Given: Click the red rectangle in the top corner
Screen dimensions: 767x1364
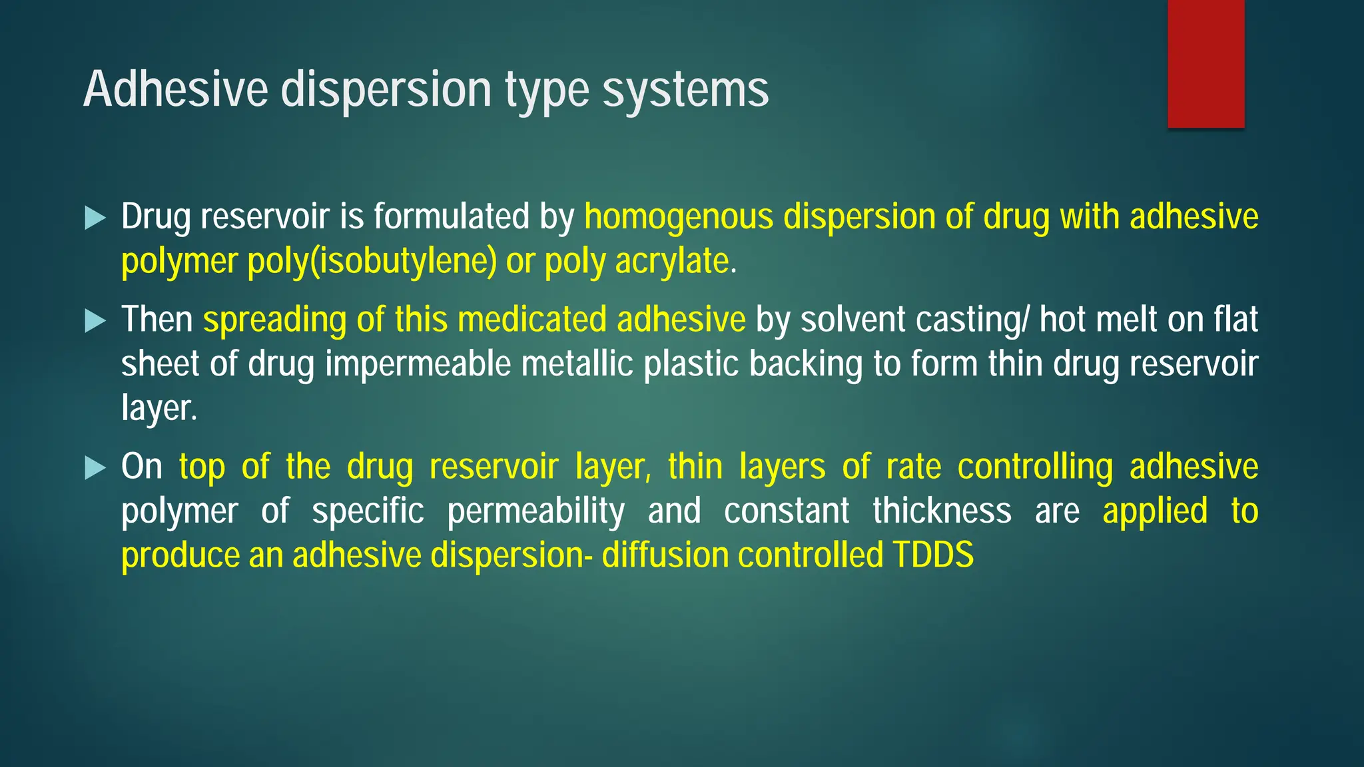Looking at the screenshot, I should click(1205, 63).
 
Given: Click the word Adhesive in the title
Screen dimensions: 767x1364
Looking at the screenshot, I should click(175, 89).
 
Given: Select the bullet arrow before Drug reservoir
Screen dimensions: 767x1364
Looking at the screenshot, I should click(96, 218).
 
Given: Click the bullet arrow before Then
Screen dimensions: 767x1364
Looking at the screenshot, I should click(96, 321).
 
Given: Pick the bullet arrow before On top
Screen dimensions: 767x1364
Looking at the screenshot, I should click(96, 468).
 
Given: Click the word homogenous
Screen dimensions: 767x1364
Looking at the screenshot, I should click(679, 217).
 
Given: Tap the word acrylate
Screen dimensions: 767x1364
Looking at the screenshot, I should click(672, 261).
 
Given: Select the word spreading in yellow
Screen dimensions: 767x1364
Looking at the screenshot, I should click(274, 320).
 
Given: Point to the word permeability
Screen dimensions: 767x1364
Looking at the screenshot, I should click(535, 511).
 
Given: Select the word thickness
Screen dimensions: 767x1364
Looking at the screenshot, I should click(942, 511).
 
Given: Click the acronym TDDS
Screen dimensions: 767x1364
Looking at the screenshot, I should click(932, 555).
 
